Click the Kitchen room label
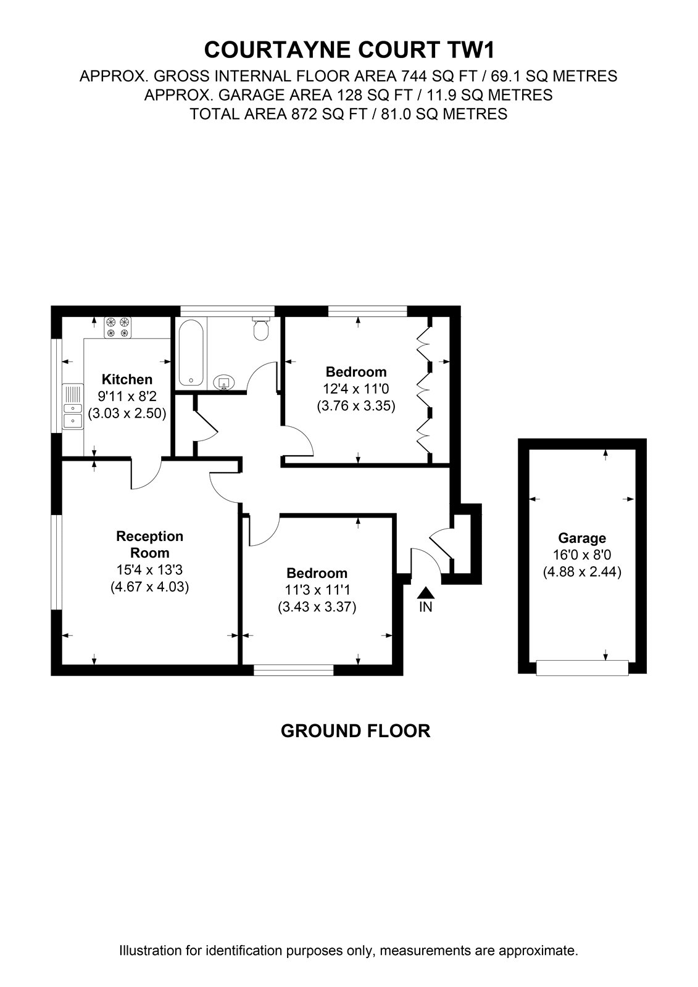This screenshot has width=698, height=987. [127, 379]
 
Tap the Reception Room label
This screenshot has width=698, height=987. [149, 544]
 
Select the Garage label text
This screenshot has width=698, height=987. [582, 538]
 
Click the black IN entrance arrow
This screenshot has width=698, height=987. [425, 593]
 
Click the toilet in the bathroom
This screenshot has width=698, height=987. [260, 329]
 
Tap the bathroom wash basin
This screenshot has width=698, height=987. [225, 382]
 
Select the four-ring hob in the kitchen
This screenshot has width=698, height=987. [118, 328]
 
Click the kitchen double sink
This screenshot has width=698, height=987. [73, 407]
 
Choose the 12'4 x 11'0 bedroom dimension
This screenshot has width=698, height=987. [356, 389]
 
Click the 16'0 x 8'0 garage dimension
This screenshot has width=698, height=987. [582, 555]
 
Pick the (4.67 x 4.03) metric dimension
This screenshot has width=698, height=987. [149, 587]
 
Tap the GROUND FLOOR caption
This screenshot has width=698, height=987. [355, 731]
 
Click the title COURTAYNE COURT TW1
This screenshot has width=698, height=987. [349, 50]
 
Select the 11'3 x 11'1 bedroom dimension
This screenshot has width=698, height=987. [317, 590]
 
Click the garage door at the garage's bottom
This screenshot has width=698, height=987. [582, 668]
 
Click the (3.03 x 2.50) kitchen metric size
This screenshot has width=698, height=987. [127, 414]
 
